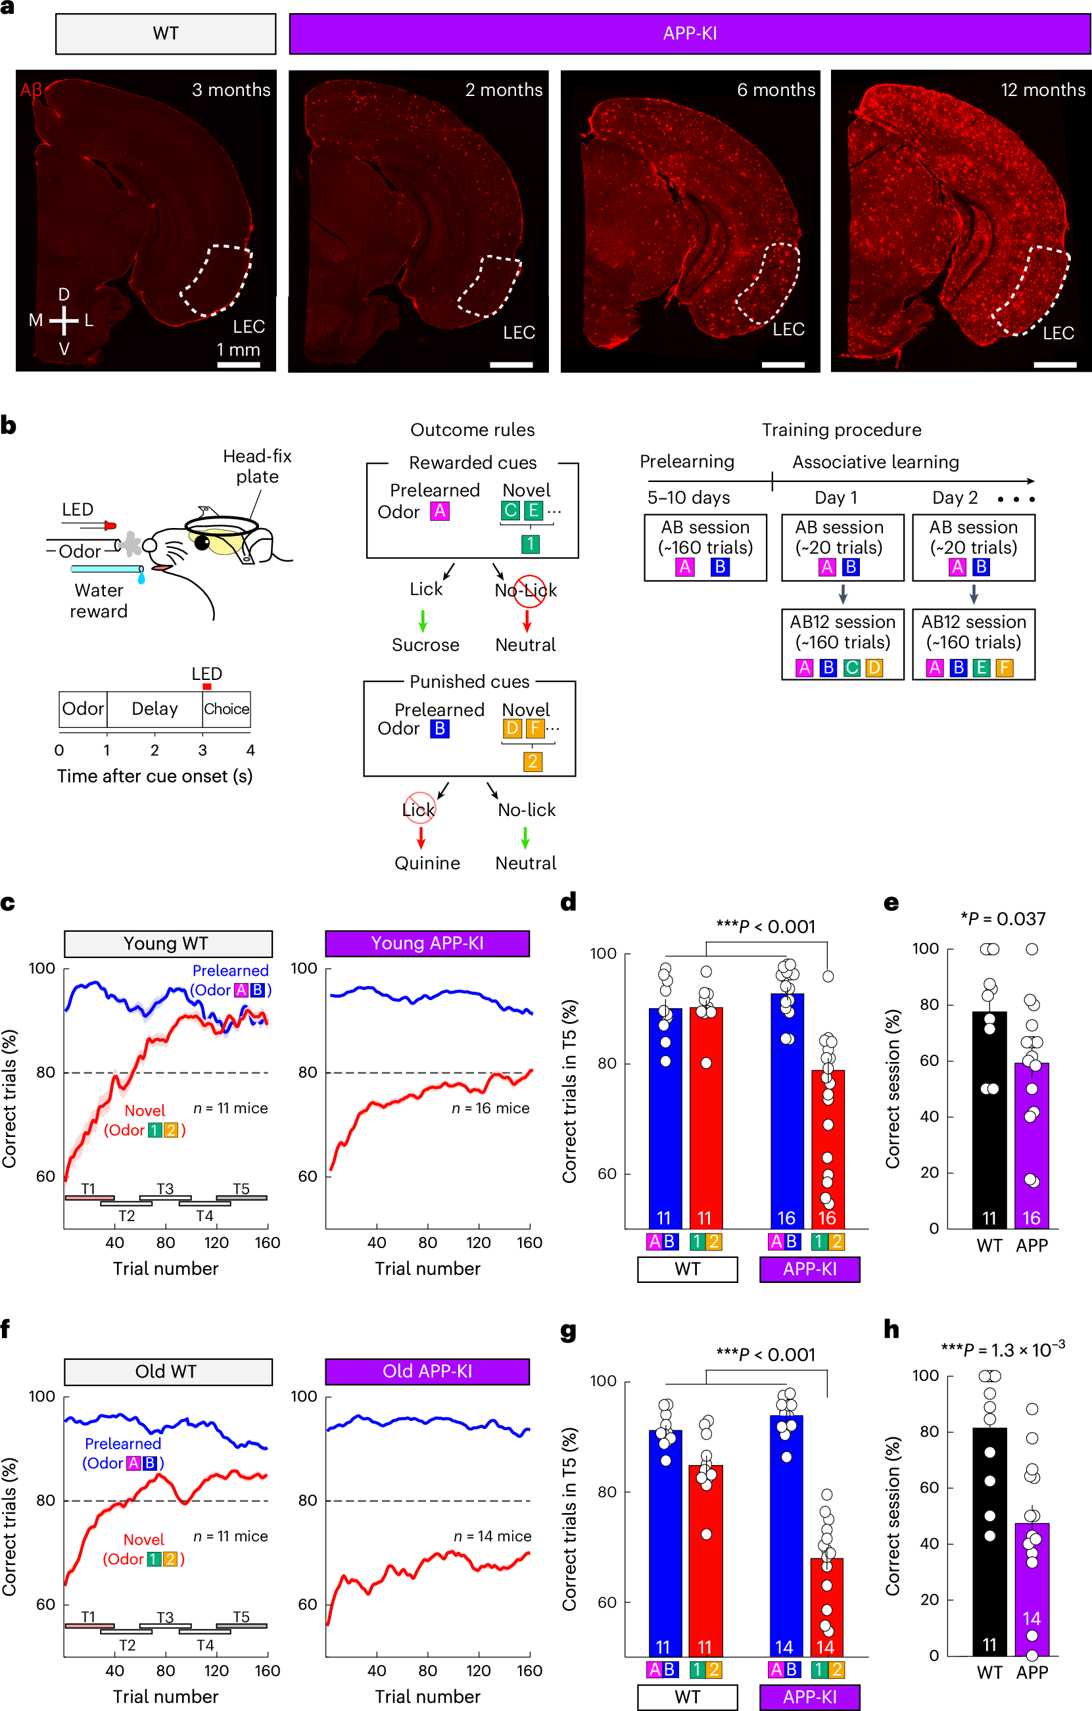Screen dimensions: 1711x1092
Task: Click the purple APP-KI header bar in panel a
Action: coord(689,34)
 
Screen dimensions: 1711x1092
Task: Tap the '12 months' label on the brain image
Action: coord(1042,90)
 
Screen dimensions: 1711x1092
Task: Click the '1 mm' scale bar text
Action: coord(238,350)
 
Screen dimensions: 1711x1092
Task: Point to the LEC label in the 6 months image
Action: coord(788,329)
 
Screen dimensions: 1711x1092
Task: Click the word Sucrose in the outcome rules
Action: coord(425,644)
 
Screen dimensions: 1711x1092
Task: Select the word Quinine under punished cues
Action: coord(427,863)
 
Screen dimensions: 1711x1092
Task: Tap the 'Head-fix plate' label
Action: coord(257,466)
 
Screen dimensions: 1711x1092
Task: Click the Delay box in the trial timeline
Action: coord(154,708)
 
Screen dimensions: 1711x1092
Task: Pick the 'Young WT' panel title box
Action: coord(168,944)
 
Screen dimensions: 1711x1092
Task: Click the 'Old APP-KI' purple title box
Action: coord(427,1371)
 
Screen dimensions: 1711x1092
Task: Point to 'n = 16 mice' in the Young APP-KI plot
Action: coord(490,1108)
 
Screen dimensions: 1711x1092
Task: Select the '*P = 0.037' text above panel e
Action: coord(1003,919)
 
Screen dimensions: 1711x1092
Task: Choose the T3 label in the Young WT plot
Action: coord(165,1189)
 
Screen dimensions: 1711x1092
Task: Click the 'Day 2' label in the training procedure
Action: coord(954,497)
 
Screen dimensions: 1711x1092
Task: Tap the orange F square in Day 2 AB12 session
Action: coord(1003,668)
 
